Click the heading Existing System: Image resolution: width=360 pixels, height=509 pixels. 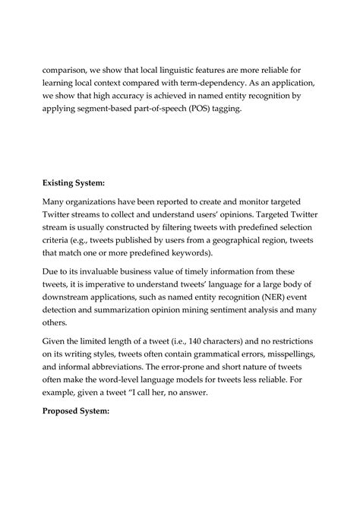click(73, 182)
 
